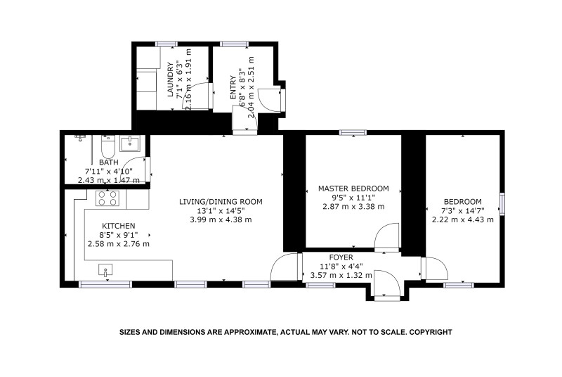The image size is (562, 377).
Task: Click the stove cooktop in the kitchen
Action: click(107, 198)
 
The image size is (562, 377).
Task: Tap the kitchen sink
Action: click(105, 270)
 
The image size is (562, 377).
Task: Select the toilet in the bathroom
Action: click(107, 148)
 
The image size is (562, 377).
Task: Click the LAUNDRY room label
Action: click(171, 79)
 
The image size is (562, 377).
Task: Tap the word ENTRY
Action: click(233, 87)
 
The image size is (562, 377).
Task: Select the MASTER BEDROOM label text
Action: click(353, 188)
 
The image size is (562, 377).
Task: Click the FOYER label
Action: click(341, 257)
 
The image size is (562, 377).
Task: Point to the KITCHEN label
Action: click(119, 226)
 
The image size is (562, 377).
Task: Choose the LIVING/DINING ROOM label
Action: click(221, 202)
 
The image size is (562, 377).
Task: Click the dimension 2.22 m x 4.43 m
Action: click(463, 219)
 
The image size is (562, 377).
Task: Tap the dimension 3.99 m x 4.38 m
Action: click(221, 219)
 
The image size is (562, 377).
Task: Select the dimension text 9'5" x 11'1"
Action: click(353, 198)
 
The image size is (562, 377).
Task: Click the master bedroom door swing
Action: click(387, 236)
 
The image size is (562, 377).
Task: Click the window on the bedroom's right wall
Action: click(502, 204)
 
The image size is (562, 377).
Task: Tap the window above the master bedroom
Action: click(353, 132)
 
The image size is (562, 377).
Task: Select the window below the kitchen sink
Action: click(105, 284)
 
